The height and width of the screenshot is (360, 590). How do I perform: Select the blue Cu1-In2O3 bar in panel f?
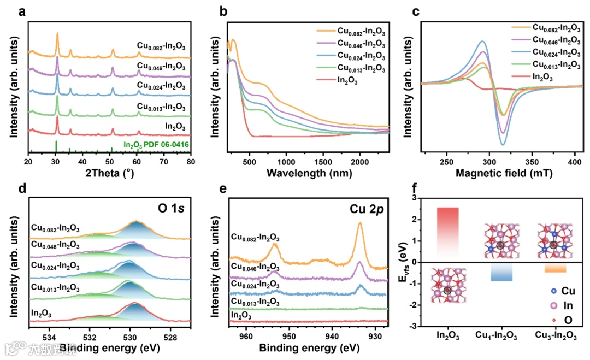pos(501,272)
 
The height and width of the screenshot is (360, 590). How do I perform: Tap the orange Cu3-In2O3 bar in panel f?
pos(555,268)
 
